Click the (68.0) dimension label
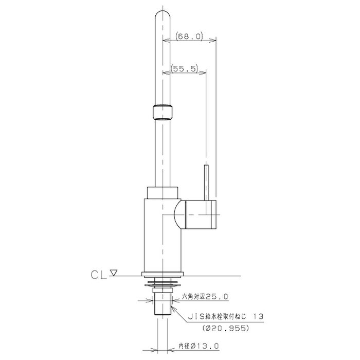point(189,37)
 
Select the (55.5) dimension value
point(184,68)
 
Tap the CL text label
point(99,275)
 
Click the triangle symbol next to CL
point(114,273)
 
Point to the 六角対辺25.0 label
point(205,297)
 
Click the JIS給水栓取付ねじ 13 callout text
point(225,317)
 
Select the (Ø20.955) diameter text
point(226,329)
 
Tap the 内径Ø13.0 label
point(199,346)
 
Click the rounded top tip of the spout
point(163,11)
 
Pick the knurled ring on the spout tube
point(163,112)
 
